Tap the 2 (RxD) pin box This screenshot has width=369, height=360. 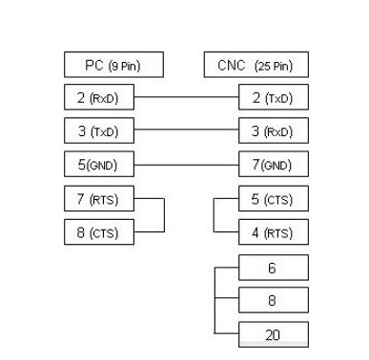point(99,96)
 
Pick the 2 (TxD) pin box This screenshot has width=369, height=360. point(273,96)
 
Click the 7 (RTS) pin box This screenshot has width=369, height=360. point(99,199)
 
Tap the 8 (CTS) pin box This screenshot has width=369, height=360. point(99,231)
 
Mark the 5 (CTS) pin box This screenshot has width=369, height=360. point(273,199)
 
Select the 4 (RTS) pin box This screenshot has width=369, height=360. point(273,231)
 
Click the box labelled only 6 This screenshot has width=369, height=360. point(273,268)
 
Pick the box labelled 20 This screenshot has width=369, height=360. point(273,334)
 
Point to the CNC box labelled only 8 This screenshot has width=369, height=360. point(273,301)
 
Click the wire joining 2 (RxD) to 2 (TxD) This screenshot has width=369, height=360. point(186,96)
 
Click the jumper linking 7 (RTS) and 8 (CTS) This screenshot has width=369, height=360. point(164,215)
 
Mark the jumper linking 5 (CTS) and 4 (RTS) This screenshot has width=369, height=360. point(213,215)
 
